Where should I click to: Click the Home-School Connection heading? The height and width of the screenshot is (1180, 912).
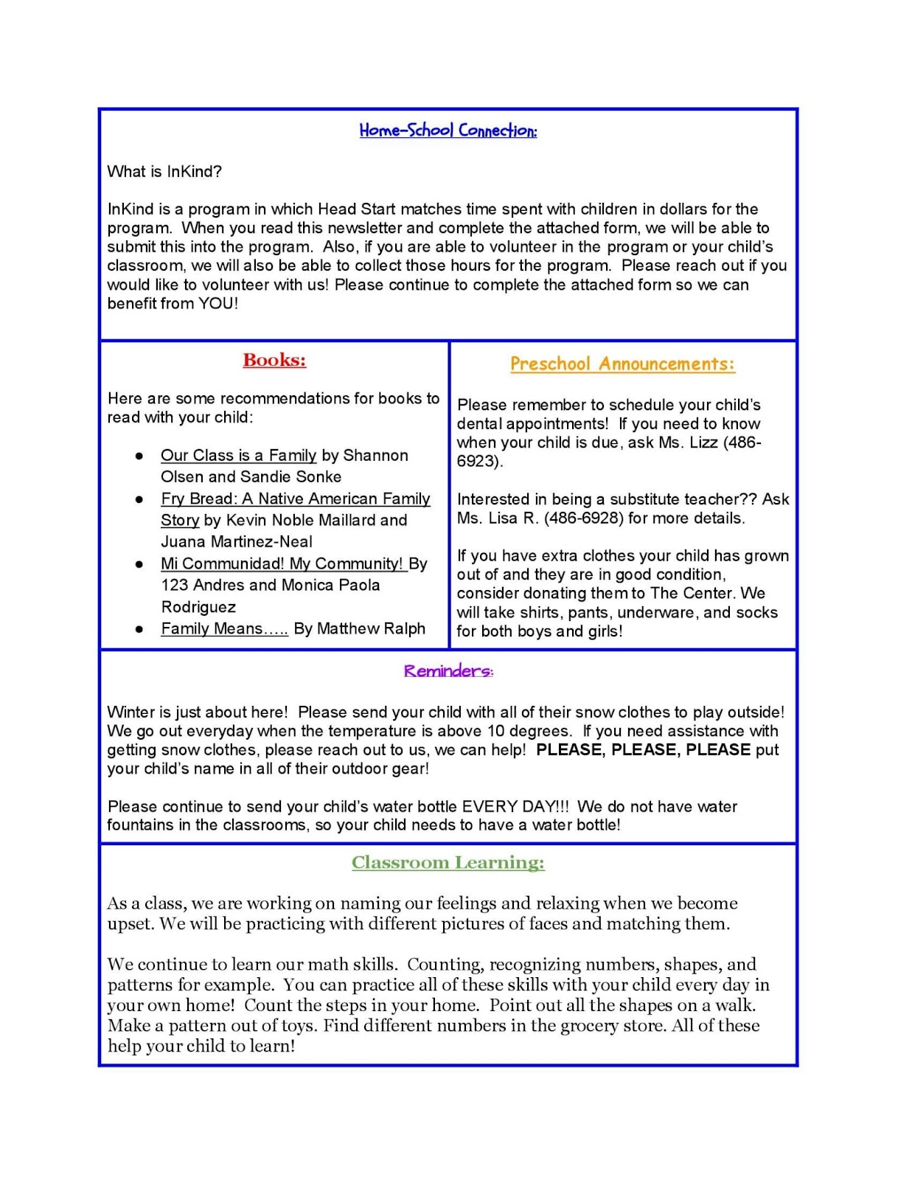click(x=448, y=131)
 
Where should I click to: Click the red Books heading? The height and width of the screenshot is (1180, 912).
click(x=274, y=360)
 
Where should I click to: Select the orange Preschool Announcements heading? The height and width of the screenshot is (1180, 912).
click(x=622, y=364)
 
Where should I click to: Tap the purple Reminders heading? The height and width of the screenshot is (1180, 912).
click(x=448, y=671)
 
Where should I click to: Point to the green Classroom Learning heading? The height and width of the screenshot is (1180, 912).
click(x=448, y=862)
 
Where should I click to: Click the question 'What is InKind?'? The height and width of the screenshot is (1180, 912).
click(x=164, y=172)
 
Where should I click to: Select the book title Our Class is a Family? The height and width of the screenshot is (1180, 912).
click(x=239, y=455)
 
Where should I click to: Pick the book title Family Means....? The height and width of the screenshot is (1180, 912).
click(x=224, y=628)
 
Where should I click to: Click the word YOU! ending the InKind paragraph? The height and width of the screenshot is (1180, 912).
click(x=218, y=303)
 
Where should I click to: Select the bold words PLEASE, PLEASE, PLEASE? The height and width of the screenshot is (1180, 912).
click(x=643, y=750)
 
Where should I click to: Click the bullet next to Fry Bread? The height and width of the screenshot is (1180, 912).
click(x=139, y=499)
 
